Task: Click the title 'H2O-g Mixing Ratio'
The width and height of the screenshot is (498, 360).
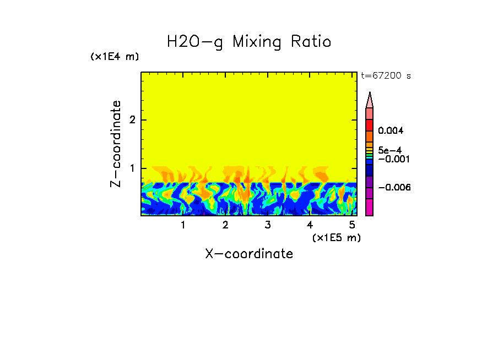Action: (x=249, y=42)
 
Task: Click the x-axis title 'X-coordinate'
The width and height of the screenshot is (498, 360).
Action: (x=249, y=254)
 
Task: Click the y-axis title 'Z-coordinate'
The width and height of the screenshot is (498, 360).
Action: (x=116, y=144)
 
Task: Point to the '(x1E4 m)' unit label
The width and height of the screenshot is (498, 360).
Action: (x=115, y=57)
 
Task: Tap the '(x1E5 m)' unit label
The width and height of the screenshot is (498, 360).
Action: (x=336, y=237)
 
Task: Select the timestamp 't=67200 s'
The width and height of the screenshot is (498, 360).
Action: (x=386, y=76)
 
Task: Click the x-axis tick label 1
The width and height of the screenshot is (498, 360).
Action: (x=183, y=225)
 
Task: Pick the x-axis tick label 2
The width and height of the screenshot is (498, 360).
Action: (x=225, y=225)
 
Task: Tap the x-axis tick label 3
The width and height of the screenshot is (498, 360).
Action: (x=267, y=225)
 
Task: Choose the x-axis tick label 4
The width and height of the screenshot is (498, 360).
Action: (x=310, y=225)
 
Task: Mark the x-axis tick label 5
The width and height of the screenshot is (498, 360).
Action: (x=351, y=225)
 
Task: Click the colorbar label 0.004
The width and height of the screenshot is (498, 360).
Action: (x=392, y=131)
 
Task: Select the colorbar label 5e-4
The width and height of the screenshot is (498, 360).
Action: (x=389, y=150)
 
